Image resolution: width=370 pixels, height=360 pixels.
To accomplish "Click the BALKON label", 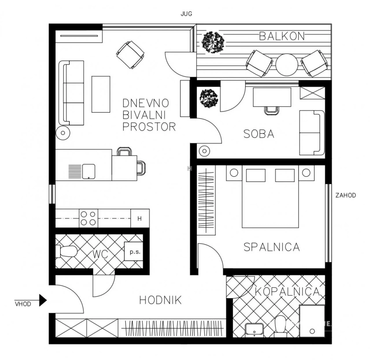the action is pos(282,36).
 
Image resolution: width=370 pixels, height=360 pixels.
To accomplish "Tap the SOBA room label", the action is pos(259,134).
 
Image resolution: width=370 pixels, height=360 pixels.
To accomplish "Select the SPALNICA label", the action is pos(272,247).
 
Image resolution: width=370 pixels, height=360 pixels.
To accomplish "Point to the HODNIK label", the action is pos(161,300).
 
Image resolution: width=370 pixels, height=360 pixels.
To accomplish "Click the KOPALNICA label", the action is pos(287,291).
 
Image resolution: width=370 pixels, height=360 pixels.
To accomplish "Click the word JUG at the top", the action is pos(186,14).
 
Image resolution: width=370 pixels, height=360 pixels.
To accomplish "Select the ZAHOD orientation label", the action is pos(346,195).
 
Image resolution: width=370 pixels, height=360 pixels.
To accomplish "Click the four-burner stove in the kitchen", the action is pos(88,218).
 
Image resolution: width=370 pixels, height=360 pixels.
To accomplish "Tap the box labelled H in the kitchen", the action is pos(140,218).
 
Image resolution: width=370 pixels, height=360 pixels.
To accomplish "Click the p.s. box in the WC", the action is pos(134,251).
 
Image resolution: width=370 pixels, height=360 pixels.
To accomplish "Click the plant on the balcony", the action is pos(213,42).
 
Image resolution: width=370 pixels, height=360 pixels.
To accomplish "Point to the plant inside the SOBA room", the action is pos(208,98).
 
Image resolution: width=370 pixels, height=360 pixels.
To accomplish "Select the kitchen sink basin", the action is pos(88,171).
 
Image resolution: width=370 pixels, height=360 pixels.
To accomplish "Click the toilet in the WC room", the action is pos(66,252).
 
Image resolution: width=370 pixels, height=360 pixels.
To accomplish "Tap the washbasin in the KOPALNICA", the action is pos(254,329).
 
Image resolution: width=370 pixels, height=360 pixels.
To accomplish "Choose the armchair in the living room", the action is pos(130,55).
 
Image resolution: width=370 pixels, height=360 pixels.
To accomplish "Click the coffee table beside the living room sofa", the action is pos(101,94).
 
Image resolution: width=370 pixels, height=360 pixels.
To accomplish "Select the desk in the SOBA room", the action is pos(272,97).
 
